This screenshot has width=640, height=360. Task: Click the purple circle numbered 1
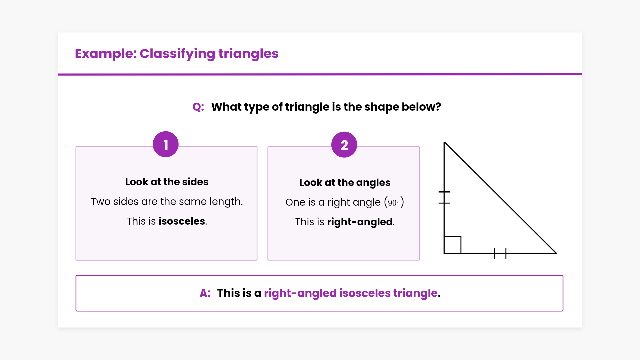166,144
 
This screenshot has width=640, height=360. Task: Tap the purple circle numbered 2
344,145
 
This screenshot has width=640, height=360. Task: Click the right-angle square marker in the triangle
453,245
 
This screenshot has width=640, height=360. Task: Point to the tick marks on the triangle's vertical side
444,197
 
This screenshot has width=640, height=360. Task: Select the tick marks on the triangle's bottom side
500,253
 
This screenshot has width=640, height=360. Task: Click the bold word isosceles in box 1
182,221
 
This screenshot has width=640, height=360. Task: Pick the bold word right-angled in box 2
360,222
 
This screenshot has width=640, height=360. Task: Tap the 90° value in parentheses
394,202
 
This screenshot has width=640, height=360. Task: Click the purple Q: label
198,107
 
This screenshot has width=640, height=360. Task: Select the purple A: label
205,293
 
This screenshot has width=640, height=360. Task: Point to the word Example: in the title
106,54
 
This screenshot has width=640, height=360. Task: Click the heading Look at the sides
167,182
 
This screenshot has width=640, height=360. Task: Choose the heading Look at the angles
345,183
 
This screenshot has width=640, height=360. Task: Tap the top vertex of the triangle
444,142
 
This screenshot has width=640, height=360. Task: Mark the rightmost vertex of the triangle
556,253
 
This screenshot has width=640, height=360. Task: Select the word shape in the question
382,107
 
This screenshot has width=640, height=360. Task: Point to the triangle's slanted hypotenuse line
500,198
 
